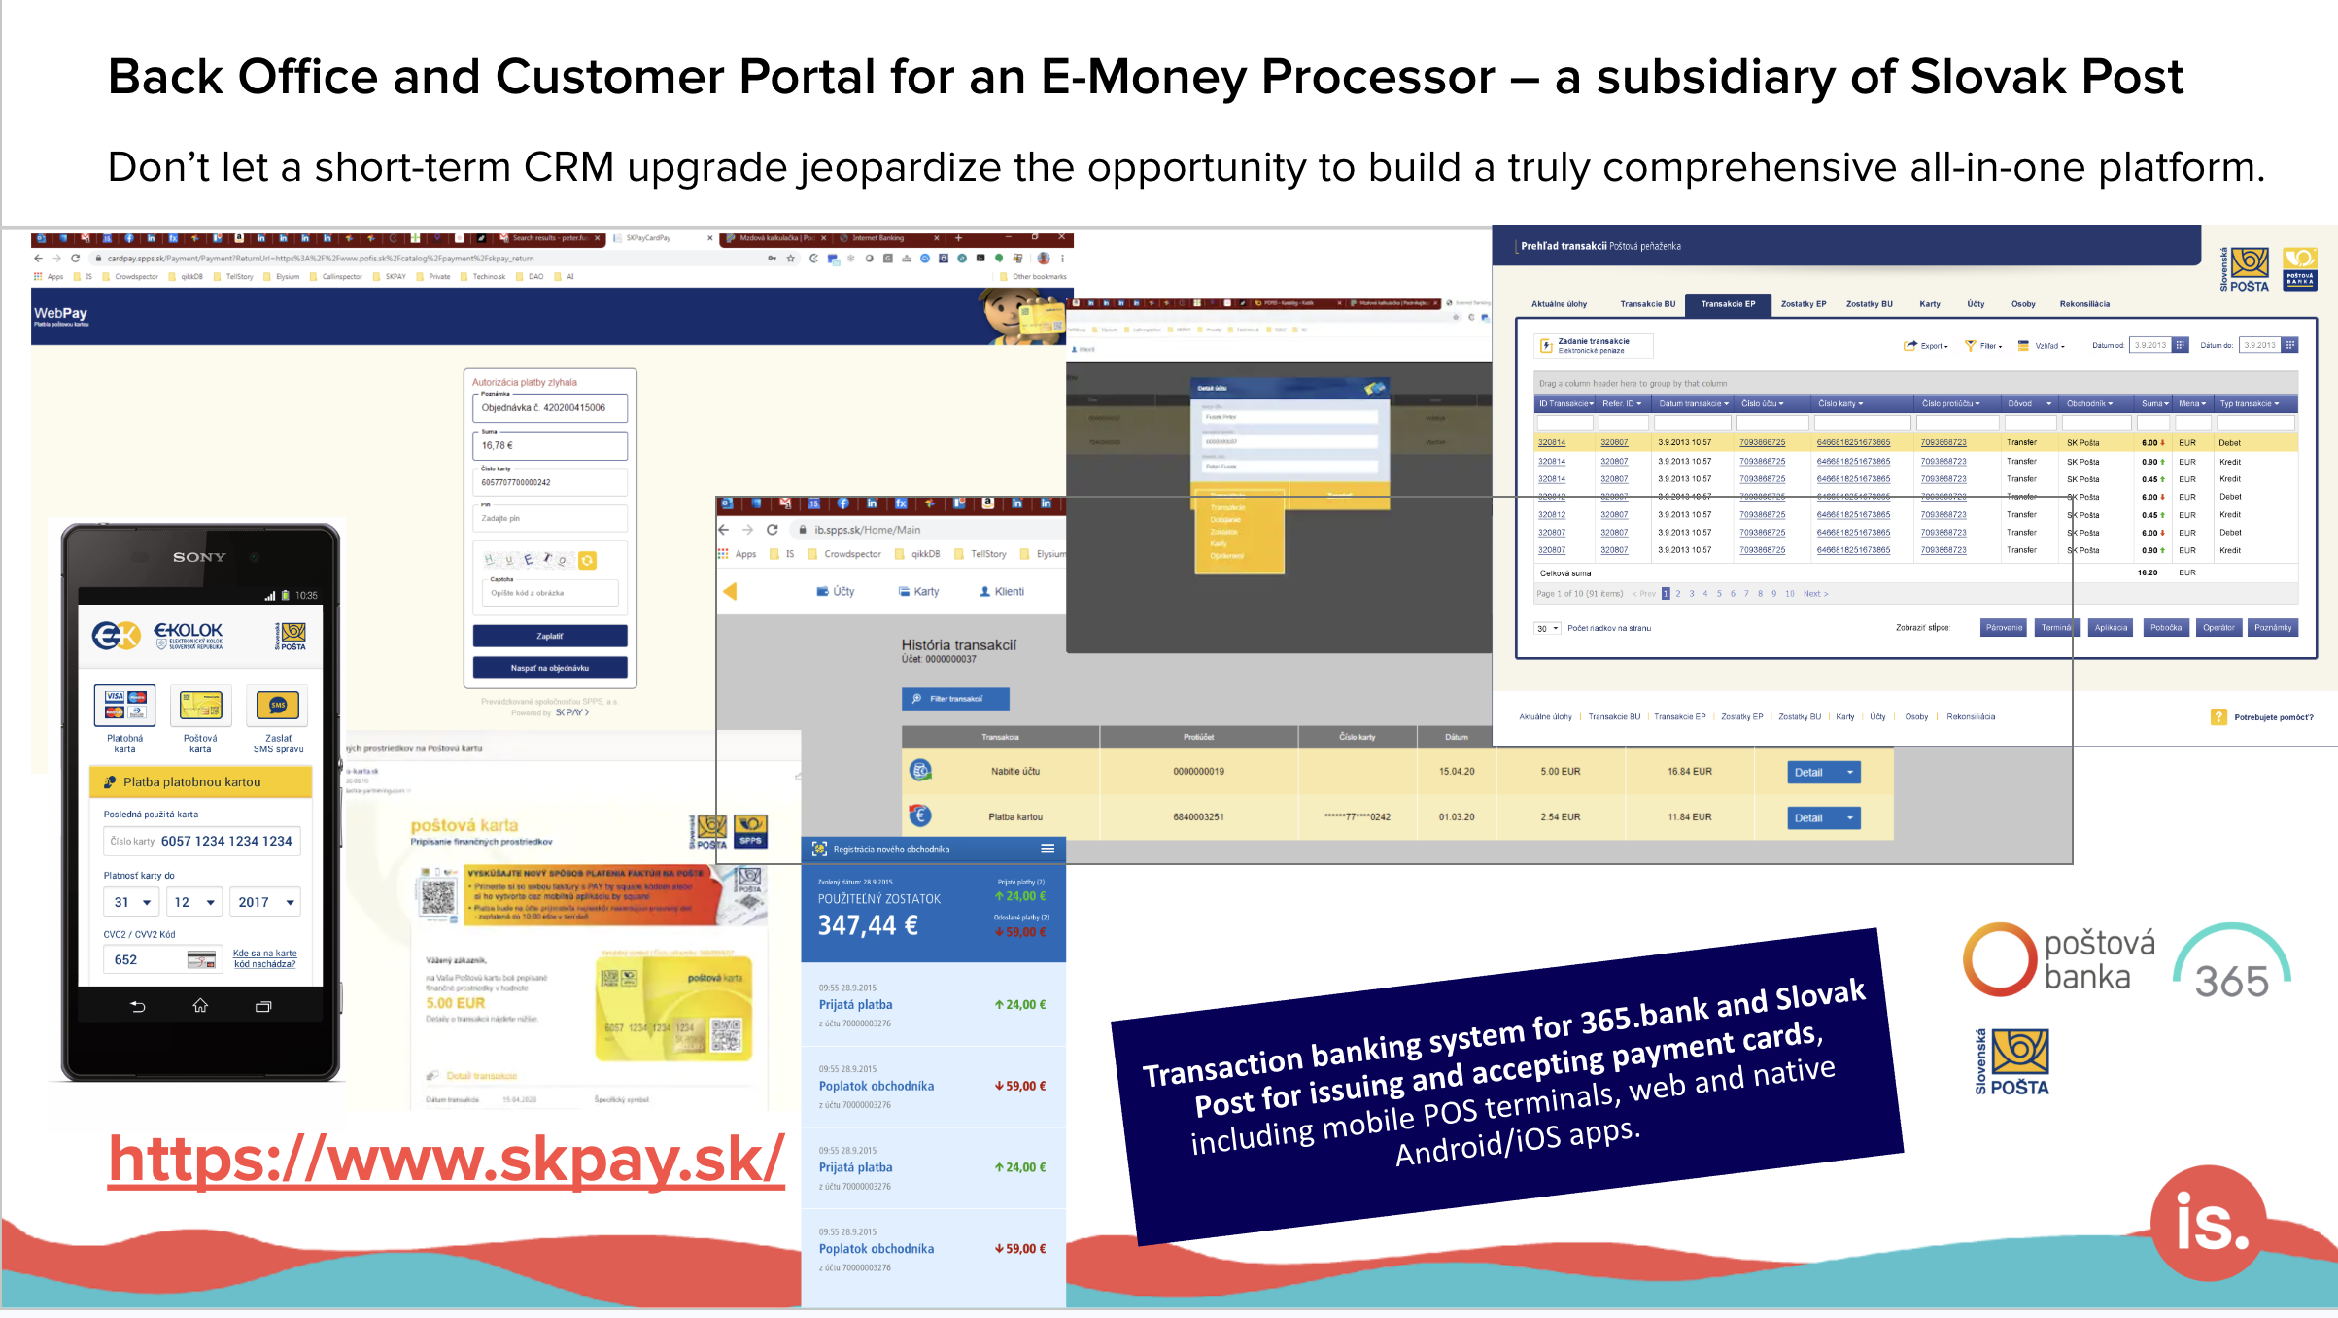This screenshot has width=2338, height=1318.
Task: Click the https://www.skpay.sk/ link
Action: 446,1159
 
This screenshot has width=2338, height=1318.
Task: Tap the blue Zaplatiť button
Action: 550,636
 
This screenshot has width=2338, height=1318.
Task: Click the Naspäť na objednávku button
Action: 550,668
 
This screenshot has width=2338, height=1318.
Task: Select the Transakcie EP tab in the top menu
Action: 1728,304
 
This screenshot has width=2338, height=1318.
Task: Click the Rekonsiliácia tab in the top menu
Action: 2084,304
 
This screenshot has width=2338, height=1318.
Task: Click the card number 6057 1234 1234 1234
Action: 225,841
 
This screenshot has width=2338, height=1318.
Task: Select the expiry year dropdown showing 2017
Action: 264,902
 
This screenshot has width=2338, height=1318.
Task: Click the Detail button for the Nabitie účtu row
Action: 1823,772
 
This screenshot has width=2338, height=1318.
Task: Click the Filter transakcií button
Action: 955,699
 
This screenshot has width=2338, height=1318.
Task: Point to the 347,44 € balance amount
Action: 868,925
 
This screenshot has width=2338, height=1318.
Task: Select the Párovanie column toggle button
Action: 2004,628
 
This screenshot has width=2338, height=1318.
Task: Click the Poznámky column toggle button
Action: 2273,628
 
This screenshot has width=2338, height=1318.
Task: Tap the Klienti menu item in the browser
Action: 1002,592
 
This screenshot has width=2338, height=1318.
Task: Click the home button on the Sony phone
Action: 200,1006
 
